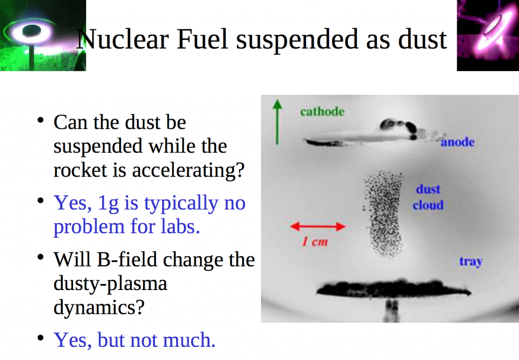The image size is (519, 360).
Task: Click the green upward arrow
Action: pos(277,122)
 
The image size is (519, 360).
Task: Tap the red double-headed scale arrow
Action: pos(317,227)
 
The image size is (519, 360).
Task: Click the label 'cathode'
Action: pos(322,111)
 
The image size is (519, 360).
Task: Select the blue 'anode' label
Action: pos(457,142)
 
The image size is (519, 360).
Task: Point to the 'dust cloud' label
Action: pos(428,197)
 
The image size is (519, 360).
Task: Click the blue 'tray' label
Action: pos(470,262)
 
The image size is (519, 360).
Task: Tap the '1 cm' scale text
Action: pos(315,242)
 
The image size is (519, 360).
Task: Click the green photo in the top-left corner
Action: pos(43,35)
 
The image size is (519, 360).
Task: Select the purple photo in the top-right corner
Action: pos(488,35)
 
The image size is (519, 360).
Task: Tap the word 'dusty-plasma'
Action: pos(110,283)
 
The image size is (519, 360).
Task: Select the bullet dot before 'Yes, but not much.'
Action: pos(41,338)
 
